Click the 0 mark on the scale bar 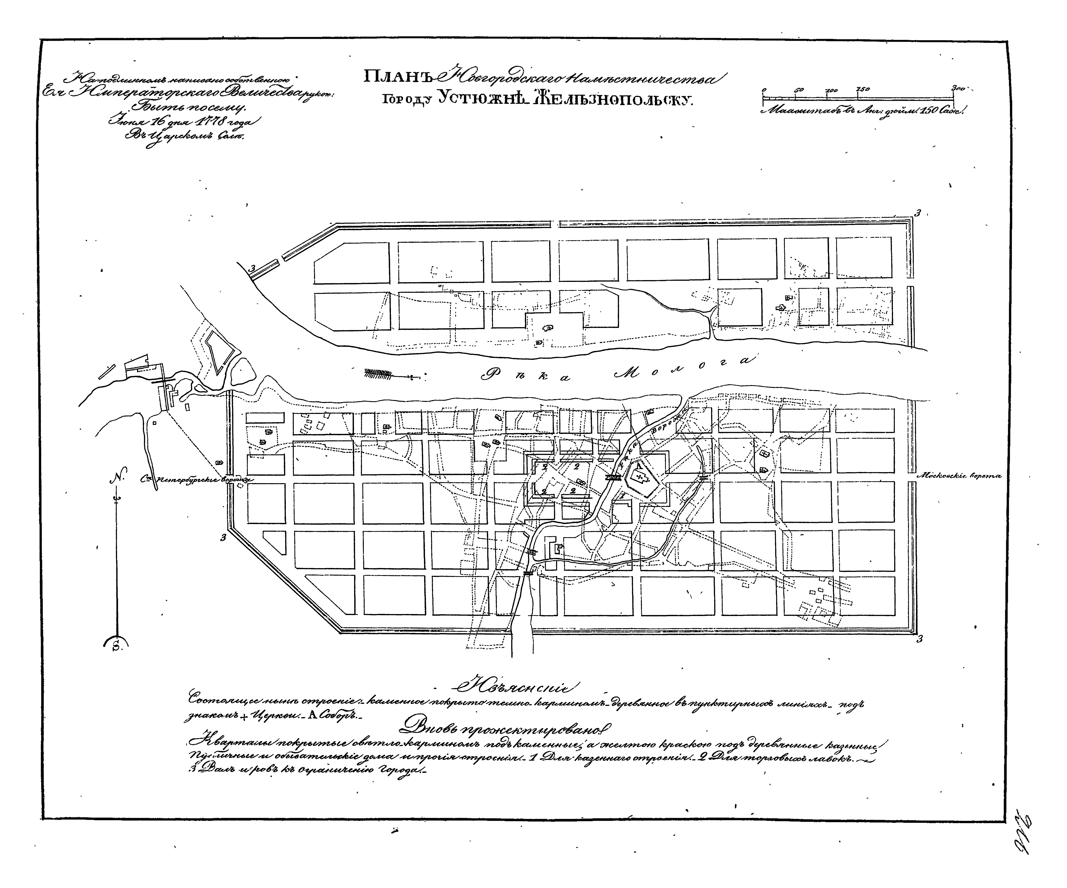[763, 90]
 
